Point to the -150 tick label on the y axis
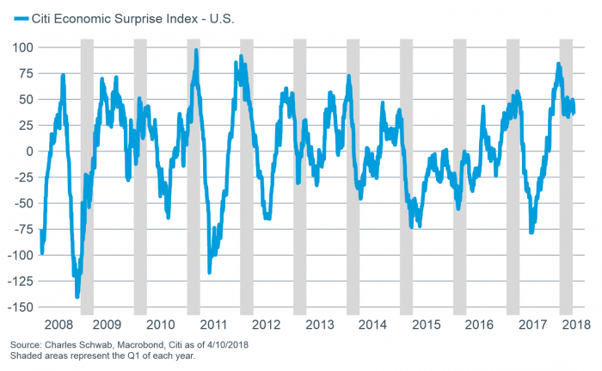(20, 307)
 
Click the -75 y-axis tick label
(23, 230)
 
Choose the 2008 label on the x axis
(55, 325)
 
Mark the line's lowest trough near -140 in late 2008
(77, 296)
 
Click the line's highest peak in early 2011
(196, 51)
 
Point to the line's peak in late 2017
(558, 64)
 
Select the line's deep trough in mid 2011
(209, 272)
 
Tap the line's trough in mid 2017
(531, 232)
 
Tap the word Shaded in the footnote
(27, 356)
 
